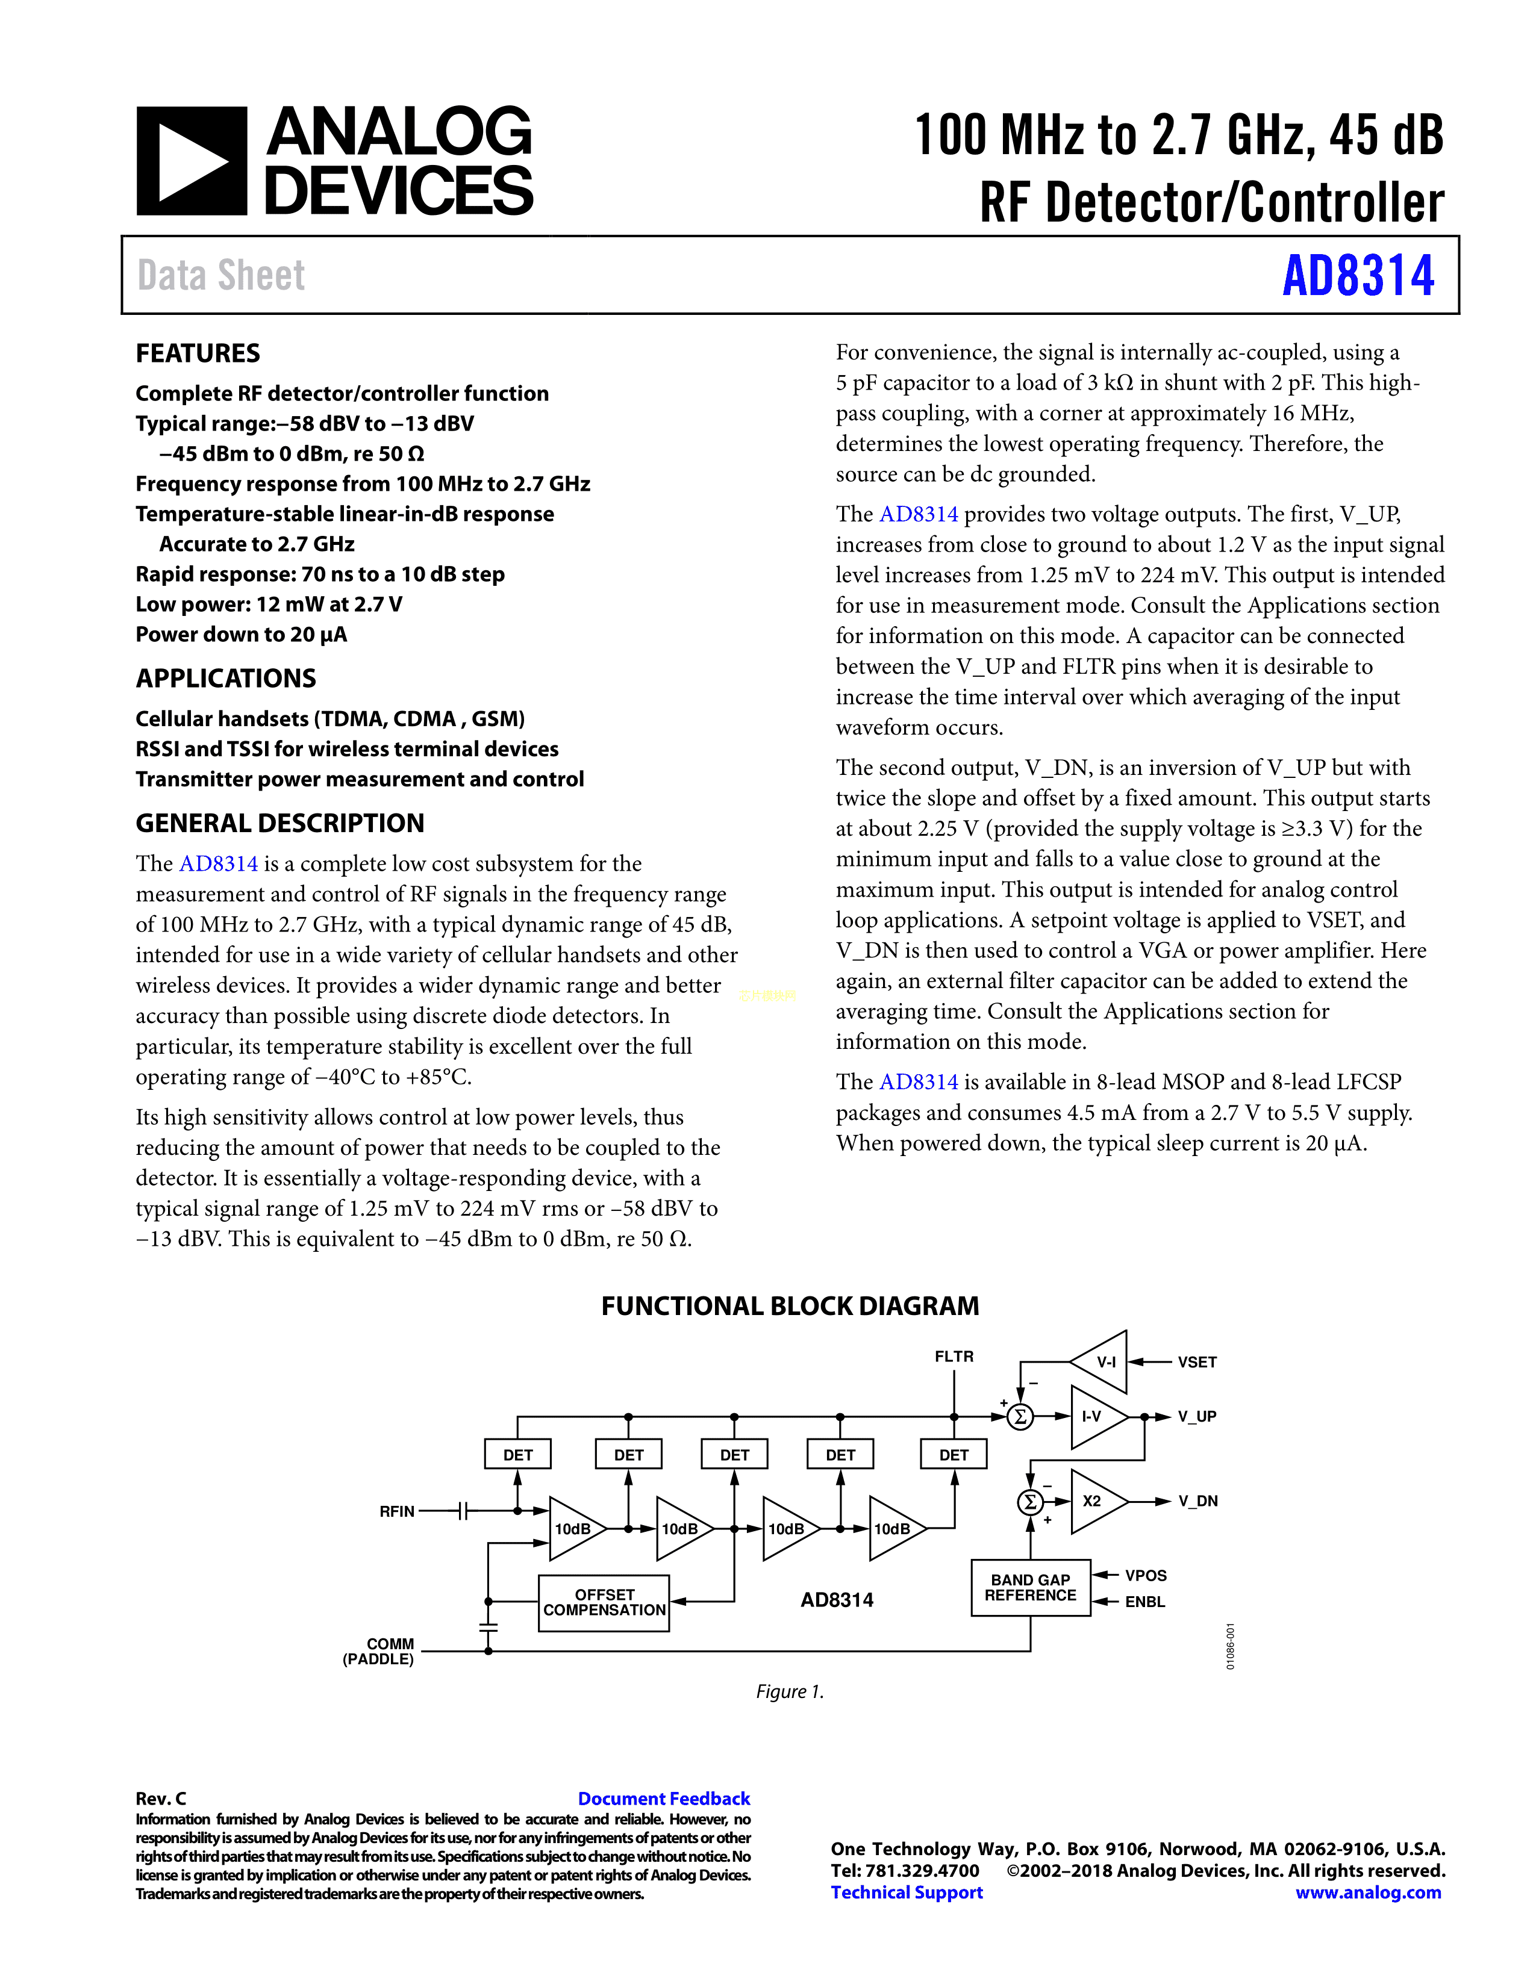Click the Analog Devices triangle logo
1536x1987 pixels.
(191, 161)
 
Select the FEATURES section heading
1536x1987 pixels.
(198, 353)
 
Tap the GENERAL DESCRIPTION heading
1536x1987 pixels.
(279, 822)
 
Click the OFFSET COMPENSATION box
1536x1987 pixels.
(604, 1602)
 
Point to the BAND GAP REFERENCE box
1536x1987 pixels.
(1030, 1588)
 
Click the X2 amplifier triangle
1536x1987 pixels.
(1096, 1501)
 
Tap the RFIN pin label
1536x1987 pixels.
(397, 1511)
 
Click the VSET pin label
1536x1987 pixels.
(1197, 1362)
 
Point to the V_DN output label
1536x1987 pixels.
(1197, 1501)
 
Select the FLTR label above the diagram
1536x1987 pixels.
(954, 1357)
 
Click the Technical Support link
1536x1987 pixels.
(907, 1892)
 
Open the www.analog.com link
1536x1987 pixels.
(1368, 1892)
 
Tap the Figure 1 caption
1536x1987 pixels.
(789, 1691)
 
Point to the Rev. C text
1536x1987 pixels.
(161, 1799)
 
